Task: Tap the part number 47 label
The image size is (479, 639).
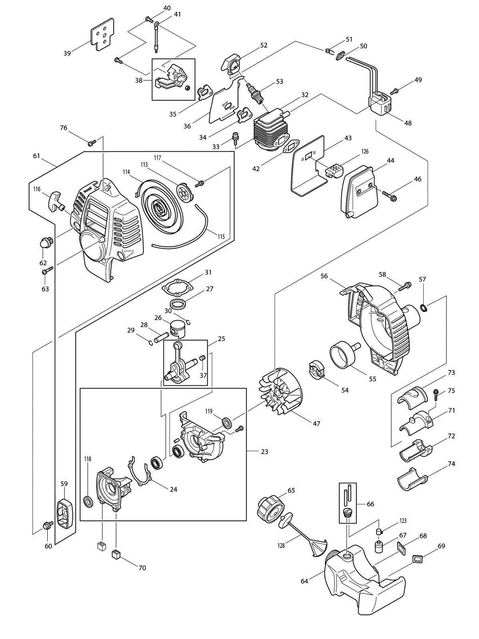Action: [316, 424]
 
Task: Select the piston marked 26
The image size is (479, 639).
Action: [179, 328]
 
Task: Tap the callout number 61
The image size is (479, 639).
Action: [36, 156]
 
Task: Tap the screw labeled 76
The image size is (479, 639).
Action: [91, 143]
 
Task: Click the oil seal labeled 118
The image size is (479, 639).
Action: [88, 502]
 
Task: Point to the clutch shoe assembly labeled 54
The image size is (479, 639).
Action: [316, 369]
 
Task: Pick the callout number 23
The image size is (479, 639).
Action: [264, 452]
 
